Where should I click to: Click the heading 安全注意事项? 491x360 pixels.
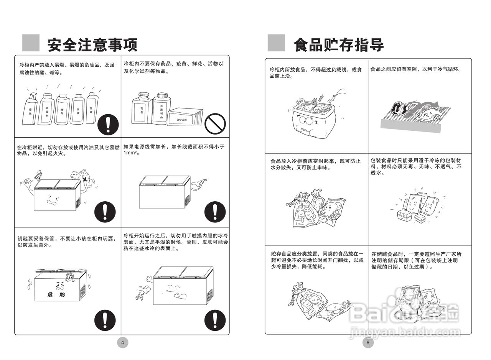point(92,45)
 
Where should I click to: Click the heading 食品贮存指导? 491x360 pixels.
point(338,45)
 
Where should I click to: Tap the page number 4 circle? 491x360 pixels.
point(122,343)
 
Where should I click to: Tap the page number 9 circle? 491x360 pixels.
point(368,343)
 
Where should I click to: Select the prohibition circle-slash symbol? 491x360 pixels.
point(215,123)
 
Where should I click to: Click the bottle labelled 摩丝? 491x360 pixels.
point(30,109)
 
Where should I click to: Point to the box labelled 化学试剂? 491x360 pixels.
point(185,117)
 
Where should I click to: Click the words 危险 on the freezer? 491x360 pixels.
point(56,295)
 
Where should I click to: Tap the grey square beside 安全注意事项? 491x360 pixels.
point(31,43)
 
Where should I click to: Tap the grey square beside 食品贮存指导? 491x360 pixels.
point(276,43)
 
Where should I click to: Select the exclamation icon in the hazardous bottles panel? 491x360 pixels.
point(107,125)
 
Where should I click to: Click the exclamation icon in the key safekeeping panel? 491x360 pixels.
point(105,320)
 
